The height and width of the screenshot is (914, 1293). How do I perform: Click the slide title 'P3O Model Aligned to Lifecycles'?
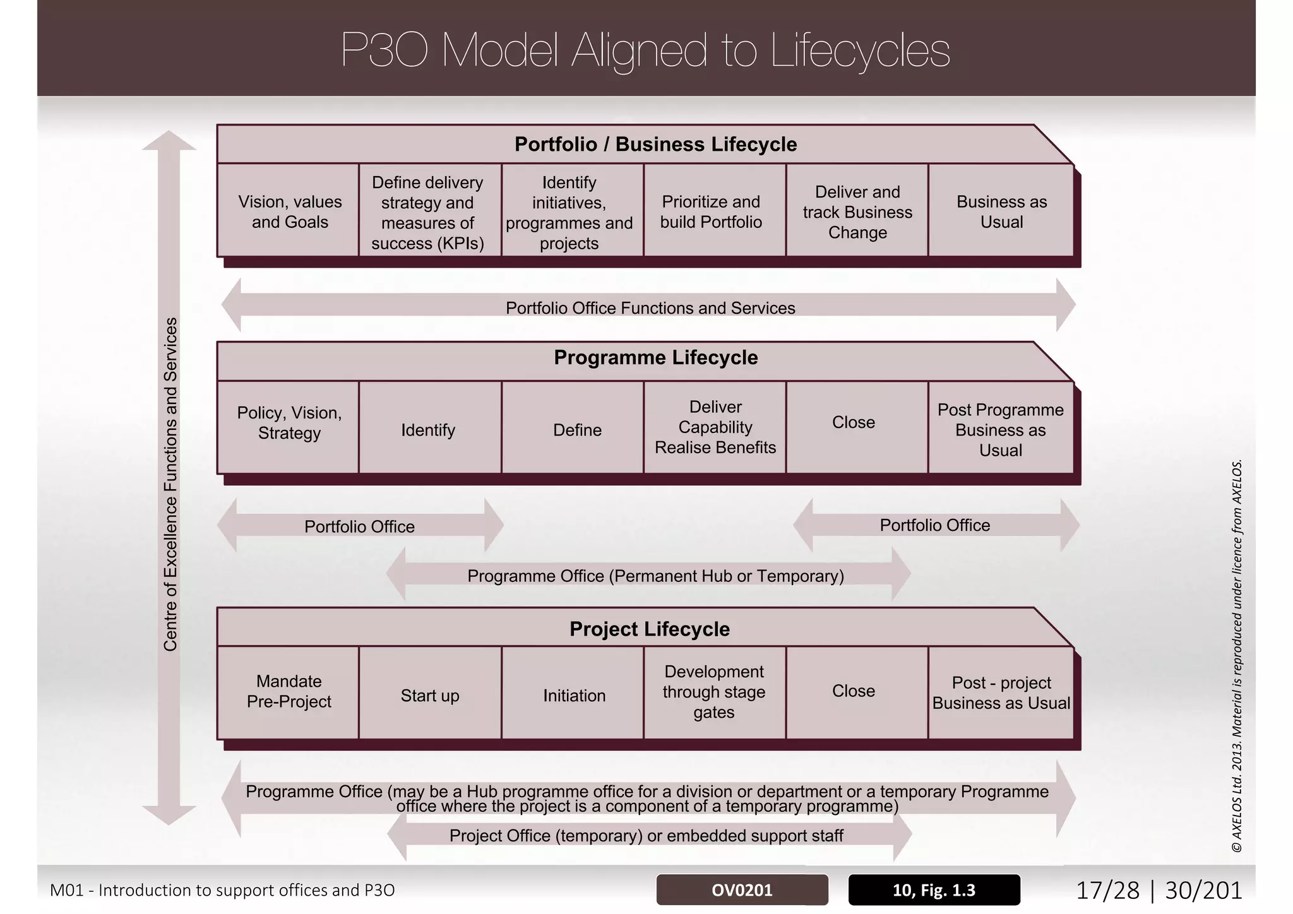645,50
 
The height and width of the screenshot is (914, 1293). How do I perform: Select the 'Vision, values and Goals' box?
290,211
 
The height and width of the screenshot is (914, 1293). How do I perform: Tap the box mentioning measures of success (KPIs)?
428,212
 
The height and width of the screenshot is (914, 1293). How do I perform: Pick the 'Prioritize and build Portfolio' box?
712,211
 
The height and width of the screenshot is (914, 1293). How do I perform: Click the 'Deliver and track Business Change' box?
857,211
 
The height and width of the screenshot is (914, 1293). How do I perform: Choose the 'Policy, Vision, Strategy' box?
289,423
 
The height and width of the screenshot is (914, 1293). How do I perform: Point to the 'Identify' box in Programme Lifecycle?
428,430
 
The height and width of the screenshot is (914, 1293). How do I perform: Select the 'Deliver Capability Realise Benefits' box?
715,427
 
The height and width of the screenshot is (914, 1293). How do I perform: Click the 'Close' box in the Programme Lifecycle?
854,422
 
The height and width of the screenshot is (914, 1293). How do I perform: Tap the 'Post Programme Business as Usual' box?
1001,430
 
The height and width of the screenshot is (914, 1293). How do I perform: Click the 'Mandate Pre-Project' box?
289,691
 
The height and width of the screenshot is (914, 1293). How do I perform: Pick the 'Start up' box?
430,696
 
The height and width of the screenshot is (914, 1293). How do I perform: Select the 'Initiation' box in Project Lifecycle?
574,696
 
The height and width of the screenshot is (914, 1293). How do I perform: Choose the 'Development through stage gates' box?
714,692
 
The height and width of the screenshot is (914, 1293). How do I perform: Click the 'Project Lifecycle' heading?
650,629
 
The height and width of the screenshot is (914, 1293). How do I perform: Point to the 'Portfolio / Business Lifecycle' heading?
655,144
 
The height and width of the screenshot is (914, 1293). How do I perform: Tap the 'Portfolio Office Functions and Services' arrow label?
650,308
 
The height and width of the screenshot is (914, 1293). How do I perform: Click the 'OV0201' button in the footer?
742,890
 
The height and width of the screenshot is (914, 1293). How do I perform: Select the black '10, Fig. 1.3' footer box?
934,890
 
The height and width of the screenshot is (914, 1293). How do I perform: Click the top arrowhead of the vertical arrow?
169,140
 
